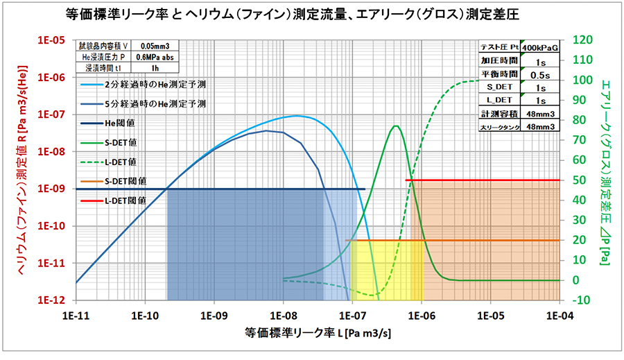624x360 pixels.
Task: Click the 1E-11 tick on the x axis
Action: (76, 314)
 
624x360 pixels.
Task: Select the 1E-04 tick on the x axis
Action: (559, 314)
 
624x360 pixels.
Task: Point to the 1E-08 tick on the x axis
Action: (283, 314)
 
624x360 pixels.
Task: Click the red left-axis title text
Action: (21, 170)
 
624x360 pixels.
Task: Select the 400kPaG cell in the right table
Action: (539, 48)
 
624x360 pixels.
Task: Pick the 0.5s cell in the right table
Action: (539, 74)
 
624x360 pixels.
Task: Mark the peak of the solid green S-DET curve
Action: (395, 126)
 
